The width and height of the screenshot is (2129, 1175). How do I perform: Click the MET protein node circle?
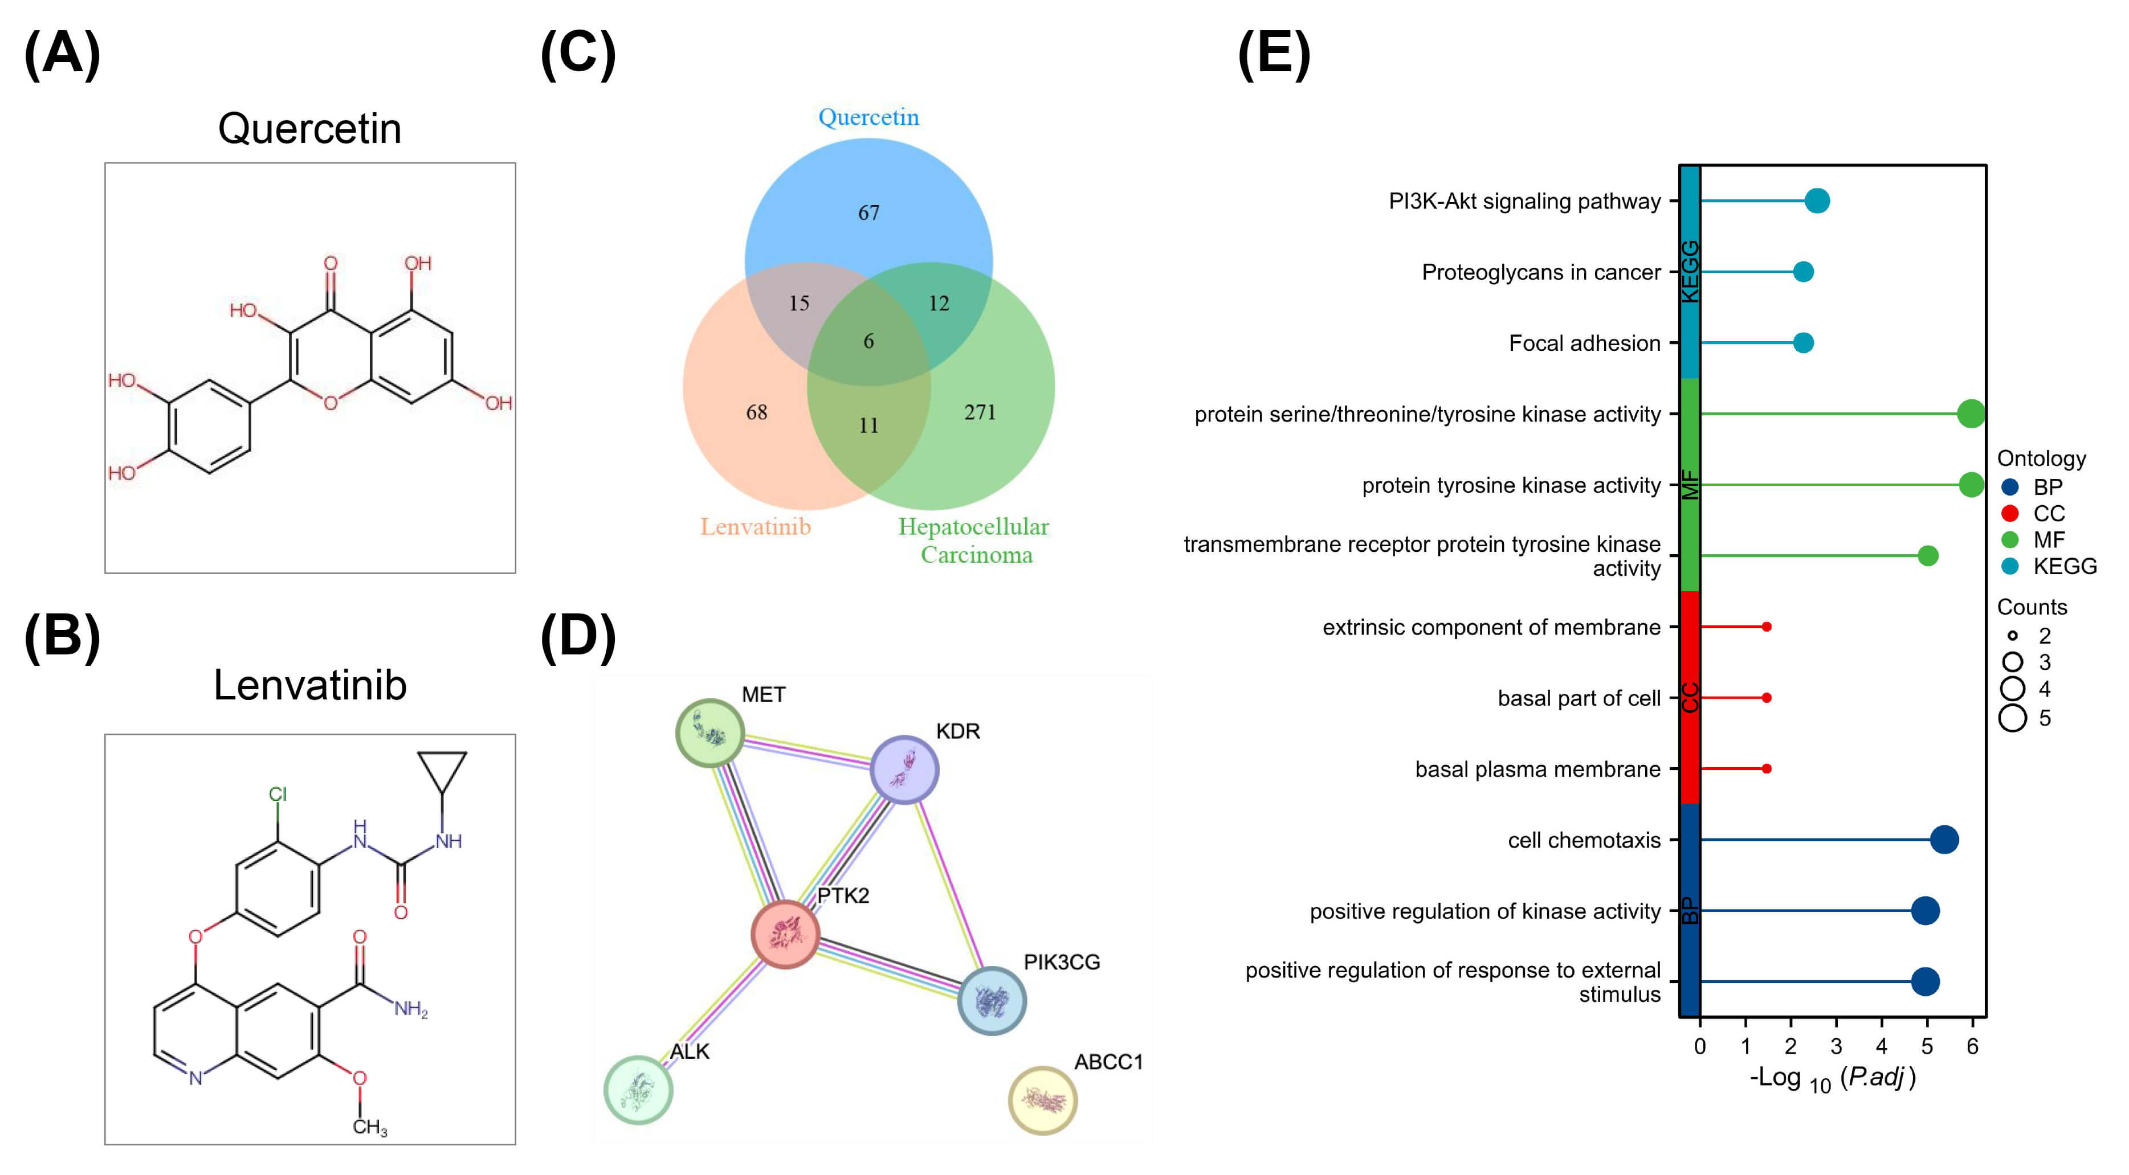[x=710, y=733]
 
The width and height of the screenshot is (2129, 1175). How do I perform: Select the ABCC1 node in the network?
[x=1042, y=1100]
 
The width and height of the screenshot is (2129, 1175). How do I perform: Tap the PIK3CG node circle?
[x=991, y=1001]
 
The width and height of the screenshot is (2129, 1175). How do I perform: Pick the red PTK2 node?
[x=785, y=934]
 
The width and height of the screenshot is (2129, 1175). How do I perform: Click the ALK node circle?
[x=638, y=1090]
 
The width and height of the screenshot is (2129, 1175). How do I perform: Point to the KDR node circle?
[x=904, y=769]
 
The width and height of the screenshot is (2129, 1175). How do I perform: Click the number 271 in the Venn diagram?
[x=980, y=412]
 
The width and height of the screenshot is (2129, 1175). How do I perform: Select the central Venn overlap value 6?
[x=868, y=341]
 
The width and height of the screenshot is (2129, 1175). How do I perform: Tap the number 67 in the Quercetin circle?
[x=868, y=213]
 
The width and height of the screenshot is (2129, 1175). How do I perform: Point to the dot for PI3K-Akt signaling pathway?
[x=1817, y=201]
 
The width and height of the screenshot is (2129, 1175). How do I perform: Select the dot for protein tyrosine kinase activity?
[x=1971, y=485]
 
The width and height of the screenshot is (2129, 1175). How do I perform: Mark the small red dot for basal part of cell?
[x=1766, y=697]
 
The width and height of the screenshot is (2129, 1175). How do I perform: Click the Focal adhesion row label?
[x=1584, y=343]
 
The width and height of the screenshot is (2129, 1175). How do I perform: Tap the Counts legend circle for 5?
[x=2013, y=717]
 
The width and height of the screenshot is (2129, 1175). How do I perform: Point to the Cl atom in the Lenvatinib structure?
[x=278, y=794]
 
